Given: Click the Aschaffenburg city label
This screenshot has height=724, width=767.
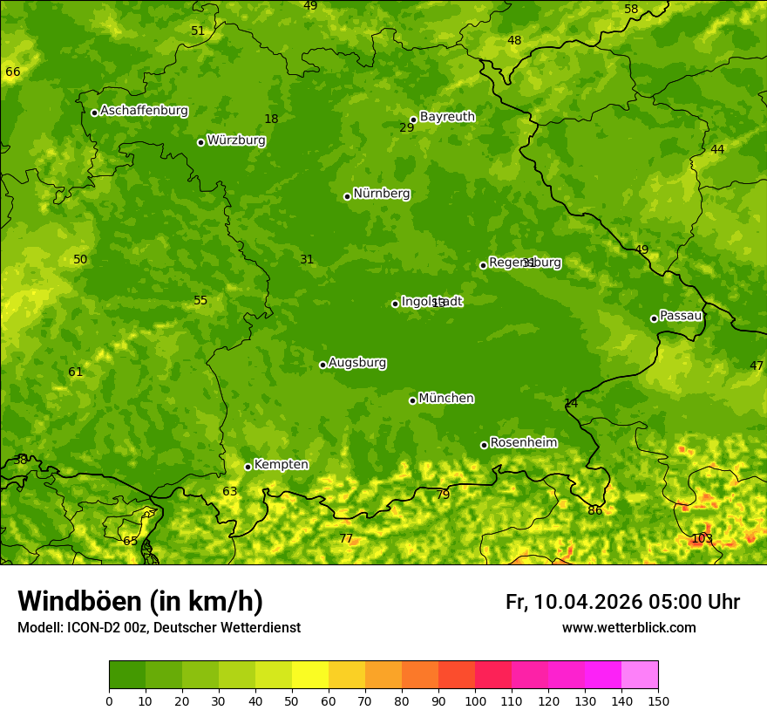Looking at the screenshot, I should [x=144, y=111].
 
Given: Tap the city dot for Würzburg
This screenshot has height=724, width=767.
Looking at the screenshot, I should [x=200, y=142].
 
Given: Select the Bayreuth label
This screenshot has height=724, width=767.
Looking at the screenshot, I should [x=447, y=116].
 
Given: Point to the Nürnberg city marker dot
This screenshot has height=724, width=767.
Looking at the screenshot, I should [x=347, y=196].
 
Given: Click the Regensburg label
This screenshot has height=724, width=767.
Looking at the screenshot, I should [x=525, y=262].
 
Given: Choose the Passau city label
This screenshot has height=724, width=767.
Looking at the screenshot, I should [x=681, y=315].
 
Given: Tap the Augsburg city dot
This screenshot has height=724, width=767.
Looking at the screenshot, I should [x=322, y=365].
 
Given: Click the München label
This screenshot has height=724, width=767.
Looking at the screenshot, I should [x=446, y=398].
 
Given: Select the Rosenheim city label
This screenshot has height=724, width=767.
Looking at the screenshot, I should [x=523, y=442].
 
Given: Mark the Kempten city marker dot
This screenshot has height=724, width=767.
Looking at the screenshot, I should [x=248, y=467].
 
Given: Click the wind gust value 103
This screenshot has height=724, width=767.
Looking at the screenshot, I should [x=702, y=538].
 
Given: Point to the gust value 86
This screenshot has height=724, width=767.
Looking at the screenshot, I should [x=594, y=510].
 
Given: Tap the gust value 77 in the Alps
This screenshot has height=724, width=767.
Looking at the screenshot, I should [x=346, y=538].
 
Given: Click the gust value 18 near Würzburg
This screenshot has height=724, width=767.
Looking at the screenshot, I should [x=271, y=119].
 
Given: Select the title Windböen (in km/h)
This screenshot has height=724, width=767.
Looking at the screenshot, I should [x=140, y=601].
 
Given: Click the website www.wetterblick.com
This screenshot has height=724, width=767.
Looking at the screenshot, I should [x=628, y=627].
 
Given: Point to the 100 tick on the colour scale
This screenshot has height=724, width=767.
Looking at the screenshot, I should [x=475, y=700].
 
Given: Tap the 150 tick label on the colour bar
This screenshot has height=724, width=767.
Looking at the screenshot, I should [x=658, y=700].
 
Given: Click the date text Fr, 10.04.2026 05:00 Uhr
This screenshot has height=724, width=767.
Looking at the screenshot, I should [x=622, y=602].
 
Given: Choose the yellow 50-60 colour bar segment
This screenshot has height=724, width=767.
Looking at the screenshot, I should [x=310, y=674].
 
